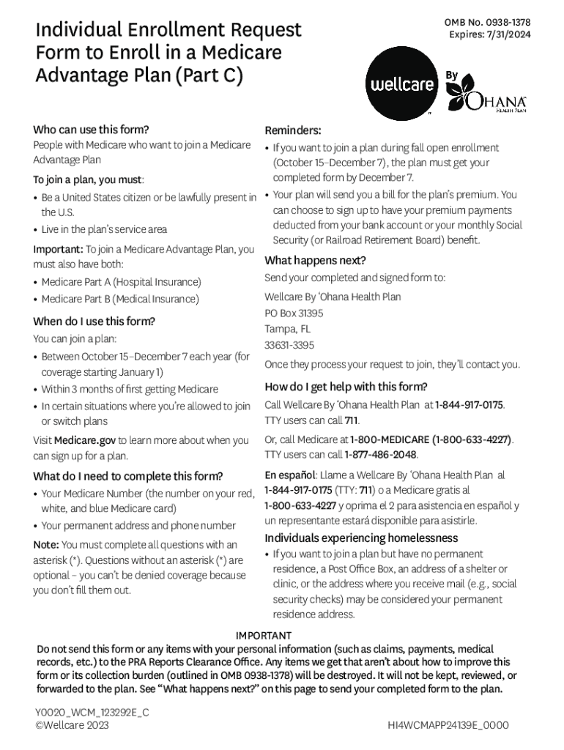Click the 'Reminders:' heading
(293, 130)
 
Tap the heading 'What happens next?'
(315, 261)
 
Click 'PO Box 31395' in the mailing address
(294, 313)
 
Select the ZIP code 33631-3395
(289, 345)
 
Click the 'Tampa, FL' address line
(287, 329)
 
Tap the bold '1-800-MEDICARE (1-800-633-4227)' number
(431, 439)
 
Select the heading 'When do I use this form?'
(94, 322)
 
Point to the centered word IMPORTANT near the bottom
(264, 635)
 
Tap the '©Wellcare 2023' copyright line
(72, 724)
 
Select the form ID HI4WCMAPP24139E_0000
(448, 726)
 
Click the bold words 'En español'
(290, 475)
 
